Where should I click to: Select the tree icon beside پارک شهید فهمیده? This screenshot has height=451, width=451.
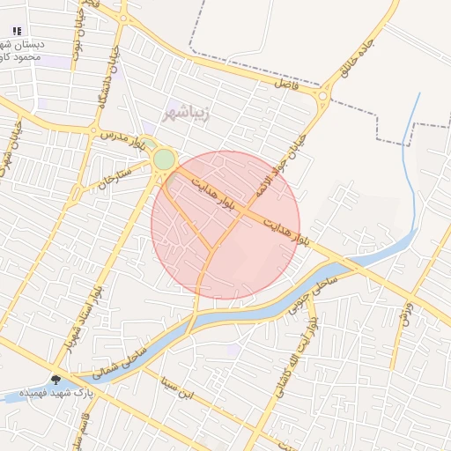click(56, 381)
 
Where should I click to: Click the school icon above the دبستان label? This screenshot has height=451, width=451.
click(18, 31)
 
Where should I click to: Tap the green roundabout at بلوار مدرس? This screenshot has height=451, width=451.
click(164, 159)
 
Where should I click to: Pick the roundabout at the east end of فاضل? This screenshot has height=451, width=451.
click(326, 96)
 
